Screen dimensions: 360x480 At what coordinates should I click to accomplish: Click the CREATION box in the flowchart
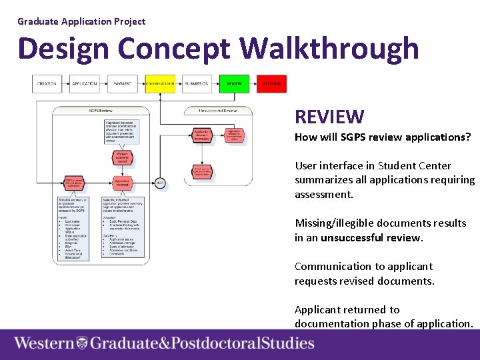[47, 84]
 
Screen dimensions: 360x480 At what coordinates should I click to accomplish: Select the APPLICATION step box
[85, 84]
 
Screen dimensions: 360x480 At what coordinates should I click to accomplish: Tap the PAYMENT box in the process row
[122, 84]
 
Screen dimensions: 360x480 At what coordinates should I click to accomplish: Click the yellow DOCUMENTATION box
[160, 84]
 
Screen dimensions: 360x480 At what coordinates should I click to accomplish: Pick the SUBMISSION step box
[197, 84]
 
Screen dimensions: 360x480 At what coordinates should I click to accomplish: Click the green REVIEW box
[235, 84]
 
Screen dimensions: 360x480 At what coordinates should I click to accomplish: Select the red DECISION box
[271, 84]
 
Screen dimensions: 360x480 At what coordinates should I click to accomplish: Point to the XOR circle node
[160, 182]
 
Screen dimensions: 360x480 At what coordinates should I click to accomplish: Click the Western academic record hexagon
[122, 157]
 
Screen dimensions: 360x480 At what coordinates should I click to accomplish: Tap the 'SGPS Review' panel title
[101, 110]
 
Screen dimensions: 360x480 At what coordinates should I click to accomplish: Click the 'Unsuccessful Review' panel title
[217, 110]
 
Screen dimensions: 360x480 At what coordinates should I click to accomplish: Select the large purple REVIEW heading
[329, 117]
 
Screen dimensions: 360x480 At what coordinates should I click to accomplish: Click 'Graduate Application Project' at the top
[81, 21]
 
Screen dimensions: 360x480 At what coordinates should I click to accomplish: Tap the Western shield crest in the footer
[82, 344]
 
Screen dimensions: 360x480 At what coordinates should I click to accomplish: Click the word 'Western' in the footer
[44, 344]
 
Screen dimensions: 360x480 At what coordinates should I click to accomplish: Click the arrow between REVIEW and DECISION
[253, 84]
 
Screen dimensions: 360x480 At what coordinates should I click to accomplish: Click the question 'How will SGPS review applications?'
[383, 137]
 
